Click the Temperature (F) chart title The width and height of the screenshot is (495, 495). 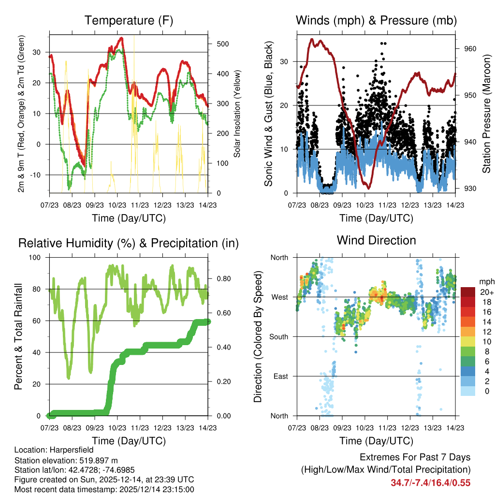(129, 21)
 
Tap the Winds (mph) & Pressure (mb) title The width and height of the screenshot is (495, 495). (376, 21)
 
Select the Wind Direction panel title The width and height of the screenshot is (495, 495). (376, 240)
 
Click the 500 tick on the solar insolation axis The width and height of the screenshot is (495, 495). (222, 44)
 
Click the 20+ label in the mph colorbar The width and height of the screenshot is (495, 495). (487, 292)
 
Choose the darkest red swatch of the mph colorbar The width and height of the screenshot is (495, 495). (467, 291)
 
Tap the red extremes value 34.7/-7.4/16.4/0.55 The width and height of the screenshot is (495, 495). (430, 482)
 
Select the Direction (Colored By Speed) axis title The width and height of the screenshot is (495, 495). (258, 336)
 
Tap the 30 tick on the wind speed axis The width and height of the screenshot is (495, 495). (284, 61)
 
